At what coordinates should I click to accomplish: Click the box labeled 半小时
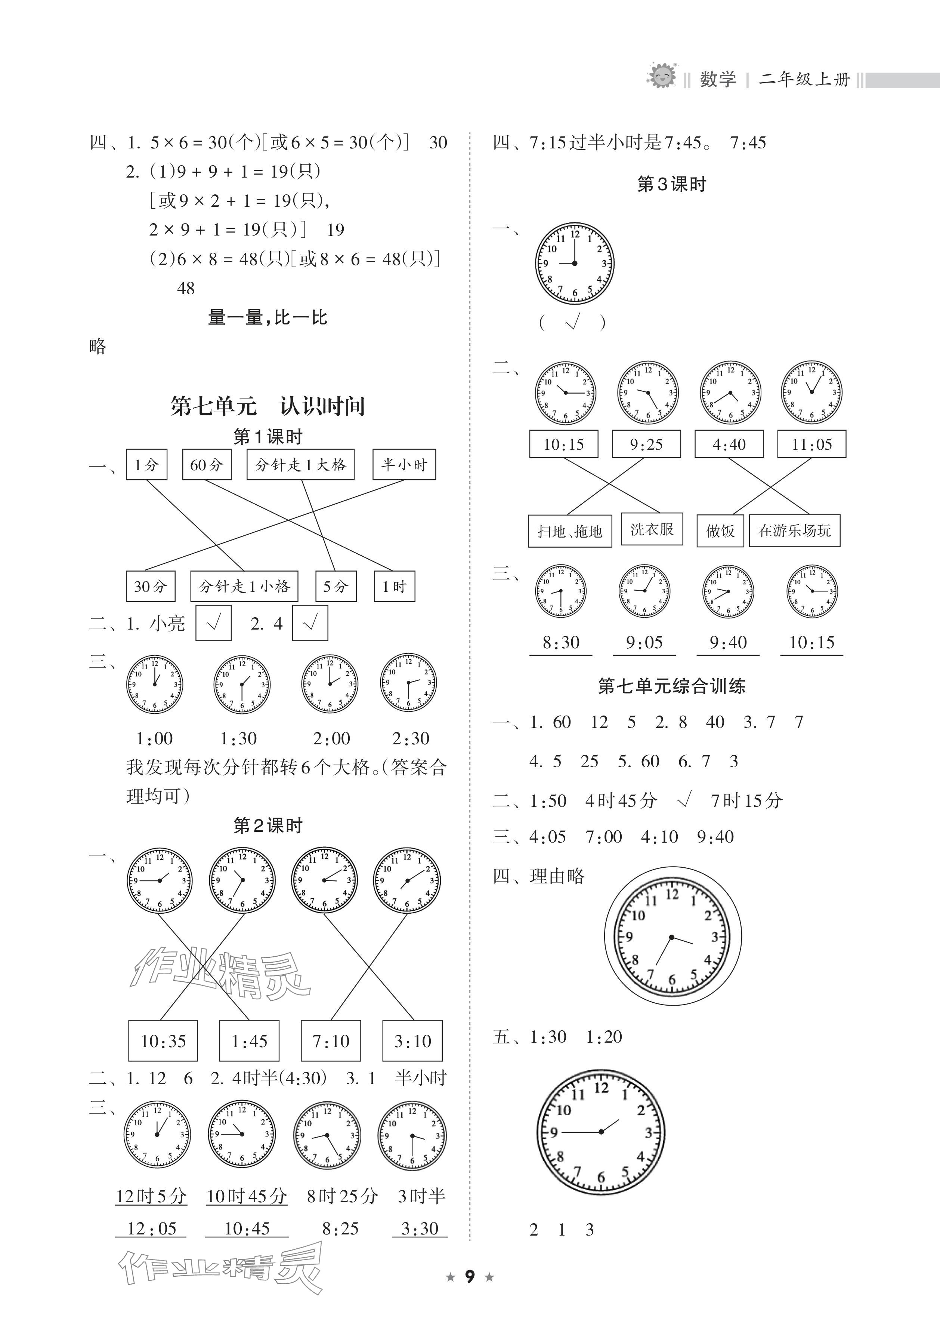click(x=404, y=464)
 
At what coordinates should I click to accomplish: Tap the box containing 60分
click(x=207, y=464)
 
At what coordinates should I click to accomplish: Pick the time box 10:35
click(x=163, y=1041)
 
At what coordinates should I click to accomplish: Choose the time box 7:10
click(x=331, y=1041)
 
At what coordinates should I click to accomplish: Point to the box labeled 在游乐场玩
click(x=794, y=531)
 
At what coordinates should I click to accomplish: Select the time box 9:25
click(x=646, y=445)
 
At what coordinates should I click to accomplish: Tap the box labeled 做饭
click(x=720, y=531)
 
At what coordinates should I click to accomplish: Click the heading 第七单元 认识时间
click(x=268, y=406)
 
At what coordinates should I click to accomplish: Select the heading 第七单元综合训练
click(x=671, y=686)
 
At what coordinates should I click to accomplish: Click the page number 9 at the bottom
click(x=469, y=1277)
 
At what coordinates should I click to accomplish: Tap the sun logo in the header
click(x=662, y=76)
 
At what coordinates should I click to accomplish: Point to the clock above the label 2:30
click(x=409, y=683)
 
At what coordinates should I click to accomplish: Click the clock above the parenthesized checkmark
click(x=575, y=263)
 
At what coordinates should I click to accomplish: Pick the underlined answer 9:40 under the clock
click(x=728, y=643)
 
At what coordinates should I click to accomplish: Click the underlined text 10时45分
click(x=247, y=1196)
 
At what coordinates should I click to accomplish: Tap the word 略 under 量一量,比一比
click(x=98, y=347)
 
